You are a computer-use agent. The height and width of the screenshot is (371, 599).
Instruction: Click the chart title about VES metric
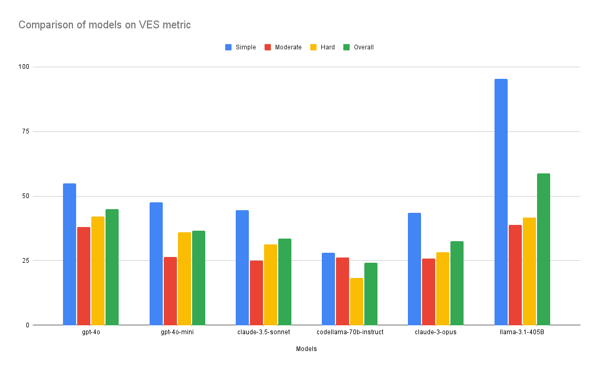click(x=104, y=24)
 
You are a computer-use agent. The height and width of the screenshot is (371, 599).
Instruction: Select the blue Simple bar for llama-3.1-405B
click(x=501, y=202)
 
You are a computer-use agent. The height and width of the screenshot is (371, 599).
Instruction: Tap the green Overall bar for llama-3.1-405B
click(x=543, y=249)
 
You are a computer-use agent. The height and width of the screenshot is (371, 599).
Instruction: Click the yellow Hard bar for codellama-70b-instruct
click(x=356, y=301)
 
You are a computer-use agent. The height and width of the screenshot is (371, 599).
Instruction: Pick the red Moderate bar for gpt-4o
click(x=83, y=276)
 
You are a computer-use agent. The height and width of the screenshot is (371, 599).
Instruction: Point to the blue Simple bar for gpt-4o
click(x=69, y=254)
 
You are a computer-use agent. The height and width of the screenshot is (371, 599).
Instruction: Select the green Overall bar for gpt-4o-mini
click(x=198, y=277)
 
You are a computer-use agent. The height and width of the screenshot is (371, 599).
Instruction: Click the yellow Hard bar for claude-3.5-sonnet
click(x=270, y=284)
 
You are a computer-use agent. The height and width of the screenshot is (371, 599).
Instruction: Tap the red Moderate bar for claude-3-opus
click(x=428, y=292)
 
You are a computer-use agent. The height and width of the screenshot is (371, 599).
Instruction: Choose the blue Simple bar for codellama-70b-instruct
click(x=328, y=288)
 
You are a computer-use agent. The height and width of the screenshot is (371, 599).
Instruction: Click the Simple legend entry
click(x=240, y=47)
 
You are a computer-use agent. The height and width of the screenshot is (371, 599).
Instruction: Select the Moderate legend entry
click(x=283, y=47)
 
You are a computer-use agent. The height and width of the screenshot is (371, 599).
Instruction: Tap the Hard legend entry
click(x=322, y=47)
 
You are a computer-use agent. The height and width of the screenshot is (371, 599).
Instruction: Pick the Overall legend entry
click(x=358, y=47)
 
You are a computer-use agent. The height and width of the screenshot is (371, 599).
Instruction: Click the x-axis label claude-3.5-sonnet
click(x=264, y=333)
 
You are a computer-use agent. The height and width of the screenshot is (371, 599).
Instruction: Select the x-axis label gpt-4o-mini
click(x=177, y=333)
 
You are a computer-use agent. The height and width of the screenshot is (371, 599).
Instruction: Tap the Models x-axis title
click(x=306, y=349)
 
